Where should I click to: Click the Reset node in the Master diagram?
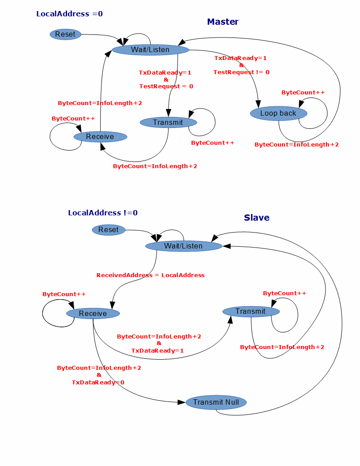tap(65, 34)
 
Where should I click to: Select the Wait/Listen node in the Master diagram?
tap(150, 50)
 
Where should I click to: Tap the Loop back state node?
tap(278, 113)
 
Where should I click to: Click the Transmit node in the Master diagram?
tap(168, 122)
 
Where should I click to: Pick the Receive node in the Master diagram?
tap(100, 137)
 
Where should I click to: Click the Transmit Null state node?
tap(216, 402)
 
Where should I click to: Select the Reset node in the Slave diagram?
tap(109, 230)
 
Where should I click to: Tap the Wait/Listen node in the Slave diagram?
tap(184, 246)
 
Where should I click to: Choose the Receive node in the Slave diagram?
tap(93, 314)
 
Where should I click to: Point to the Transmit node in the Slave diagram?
tap(251, 312)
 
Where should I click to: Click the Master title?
tap(223, 22)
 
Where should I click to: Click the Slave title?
tap(256, 218)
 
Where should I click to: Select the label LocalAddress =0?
tap(69, 14)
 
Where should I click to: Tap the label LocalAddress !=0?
tap(103, 213)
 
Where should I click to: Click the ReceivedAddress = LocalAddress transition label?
tap(150, 275)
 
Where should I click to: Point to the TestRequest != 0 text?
tap(241, 72)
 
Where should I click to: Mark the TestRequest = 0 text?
tap(166, 86)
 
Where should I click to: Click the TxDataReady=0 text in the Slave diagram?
tap(98, 382)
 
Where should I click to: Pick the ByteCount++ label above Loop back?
tap(303, 93)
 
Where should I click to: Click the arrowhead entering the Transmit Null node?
tap(181, 402)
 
